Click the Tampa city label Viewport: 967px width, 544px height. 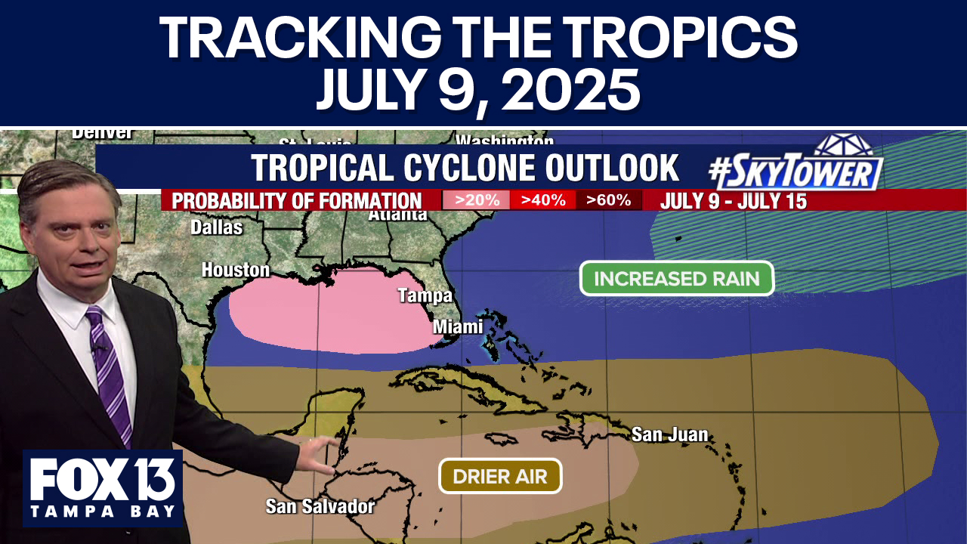coord(425,295)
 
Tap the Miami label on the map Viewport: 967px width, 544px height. coord(458,327)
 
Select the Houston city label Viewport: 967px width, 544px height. coord(236,270)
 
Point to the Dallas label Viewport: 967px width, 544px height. coord(216,227)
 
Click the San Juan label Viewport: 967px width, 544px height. coord(670,434)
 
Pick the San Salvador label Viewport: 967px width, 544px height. coord(320,505)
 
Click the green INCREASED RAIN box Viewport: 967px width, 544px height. coord(676,278)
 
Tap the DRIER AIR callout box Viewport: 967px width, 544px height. coord(500,476)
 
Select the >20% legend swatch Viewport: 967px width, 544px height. coord(476,200)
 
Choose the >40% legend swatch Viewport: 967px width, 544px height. coord(542,200)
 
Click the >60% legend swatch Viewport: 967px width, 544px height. coord(609,200)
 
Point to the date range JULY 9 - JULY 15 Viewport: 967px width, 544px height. coord(733,201)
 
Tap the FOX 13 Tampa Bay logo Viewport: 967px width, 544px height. coord(103,487)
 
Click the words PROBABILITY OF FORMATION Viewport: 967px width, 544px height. coord(297,201)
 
